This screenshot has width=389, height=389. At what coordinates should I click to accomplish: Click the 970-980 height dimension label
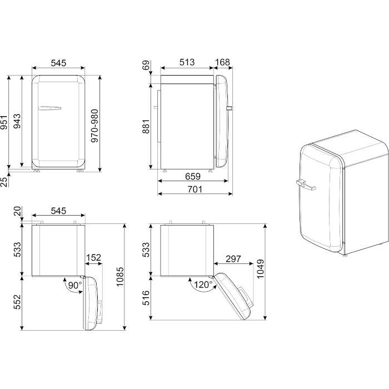(x=95, y=126)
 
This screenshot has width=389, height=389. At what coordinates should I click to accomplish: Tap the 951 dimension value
(x=4, y=122)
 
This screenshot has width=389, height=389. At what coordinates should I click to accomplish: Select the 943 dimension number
(x=17, y=121)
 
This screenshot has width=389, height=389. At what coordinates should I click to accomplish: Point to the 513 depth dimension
(x=187, y=62)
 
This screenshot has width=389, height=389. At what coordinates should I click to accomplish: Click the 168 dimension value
(x=222, y=62)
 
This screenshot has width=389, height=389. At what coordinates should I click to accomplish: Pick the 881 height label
(x=146, y=126)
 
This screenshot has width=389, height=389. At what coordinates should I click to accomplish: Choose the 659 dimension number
(x=193, y=176)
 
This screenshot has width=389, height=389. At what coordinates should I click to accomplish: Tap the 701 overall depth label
(x=194, y=189)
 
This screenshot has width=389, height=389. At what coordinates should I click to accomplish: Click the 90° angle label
(x=75, y=285)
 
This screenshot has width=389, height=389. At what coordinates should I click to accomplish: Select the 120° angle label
(x=203, y=285)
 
